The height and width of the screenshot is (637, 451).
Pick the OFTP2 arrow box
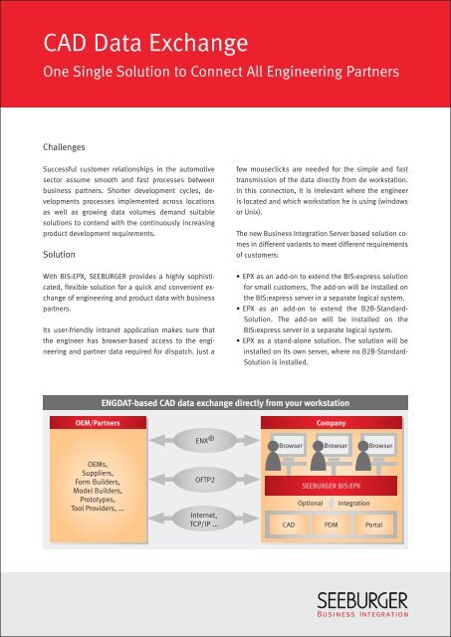pos(203,479)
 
